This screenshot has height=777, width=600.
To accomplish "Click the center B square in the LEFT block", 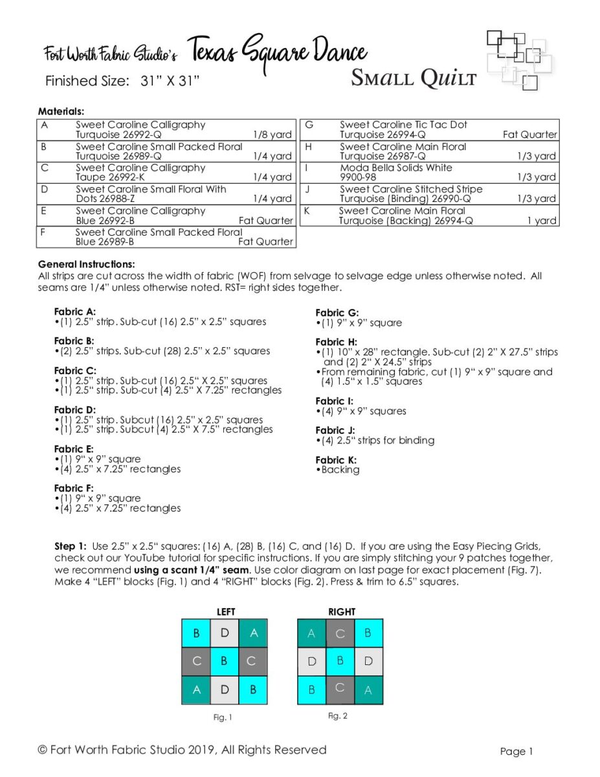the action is (x=225, y=661).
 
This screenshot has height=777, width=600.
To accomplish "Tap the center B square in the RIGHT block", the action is (x=340, y=661).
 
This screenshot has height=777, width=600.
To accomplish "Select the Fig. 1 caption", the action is (x=223, y=717).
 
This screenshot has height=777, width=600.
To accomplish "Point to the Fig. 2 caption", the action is (x=338, y=715).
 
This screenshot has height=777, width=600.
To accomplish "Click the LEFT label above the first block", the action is (x=226, y=612).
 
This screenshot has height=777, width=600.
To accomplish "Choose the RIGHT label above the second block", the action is (x=342, y=612).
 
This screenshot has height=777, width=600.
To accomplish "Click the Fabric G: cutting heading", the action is (x=337, y=313).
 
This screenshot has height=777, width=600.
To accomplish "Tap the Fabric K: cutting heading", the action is (x=336, y=460).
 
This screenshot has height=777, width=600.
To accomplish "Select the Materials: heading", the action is (x=61, y=111).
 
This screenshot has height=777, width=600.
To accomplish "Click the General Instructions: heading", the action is (x=87, y=264).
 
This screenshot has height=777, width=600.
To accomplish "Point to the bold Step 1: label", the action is (x=71, y=546).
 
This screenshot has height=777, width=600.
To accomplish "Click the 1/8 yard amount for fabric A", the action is (x=272, y=135).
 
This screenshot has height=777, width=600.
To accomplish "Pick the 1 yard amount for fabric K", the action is (x=542, y=221).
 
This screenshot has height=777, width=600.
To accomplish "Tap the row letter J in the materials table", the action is (x=307, y=189).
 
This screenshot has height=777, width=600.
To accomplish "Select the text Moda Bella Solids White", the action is (x=396, y=167).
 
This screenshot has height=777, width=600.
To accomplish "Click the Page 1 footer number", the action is (x=517, y=751).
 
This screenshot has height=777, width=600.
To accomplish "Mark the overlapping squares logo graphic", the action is (x=520, y=60).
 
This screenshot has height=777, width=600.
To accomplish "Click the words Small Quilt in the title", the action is (x=414, y=78).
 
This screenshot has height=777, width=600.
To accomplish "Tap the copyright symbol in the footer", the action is (x=43, y=750).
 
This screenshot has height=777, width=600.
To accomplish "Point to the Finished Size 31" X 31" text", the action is (x=122, y=81).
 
